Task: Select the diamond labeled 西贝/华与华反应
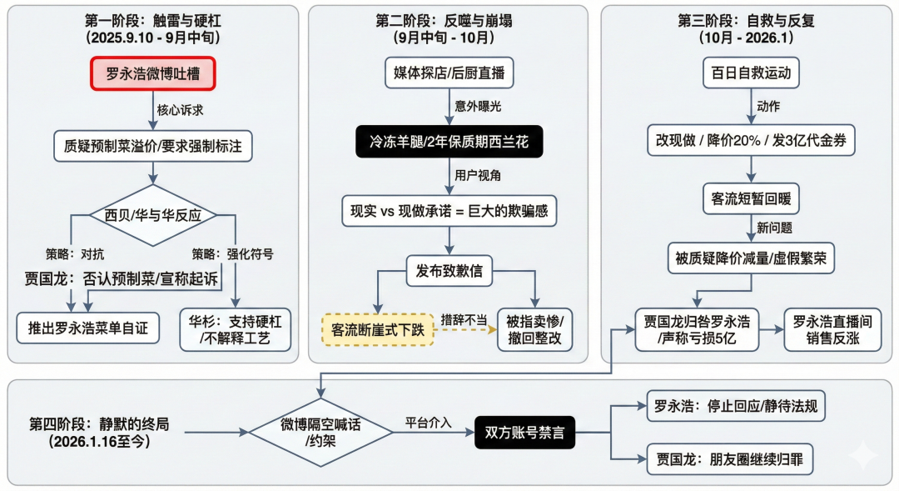pos(152,215)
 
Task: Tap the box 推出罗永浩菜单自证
pos(87,328)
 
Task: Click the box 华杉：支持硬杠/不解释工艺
pos(236,329)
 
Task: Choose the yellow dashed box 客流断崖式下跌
pos(377,330)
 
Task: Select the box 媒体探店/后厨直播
pos(449,73)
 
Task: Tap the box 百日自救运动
pos(751,73)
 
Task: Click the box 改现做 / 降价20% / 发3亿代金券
pos(751,141)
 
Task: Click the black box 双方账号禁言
pos(524,432)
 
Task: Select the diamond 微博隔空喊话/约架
pos(320,432)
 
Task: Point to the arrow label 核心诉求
pos(178,108)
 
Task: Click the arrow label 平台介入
pos(429,423)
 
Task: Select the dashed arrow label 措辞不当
pos(464,319)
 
